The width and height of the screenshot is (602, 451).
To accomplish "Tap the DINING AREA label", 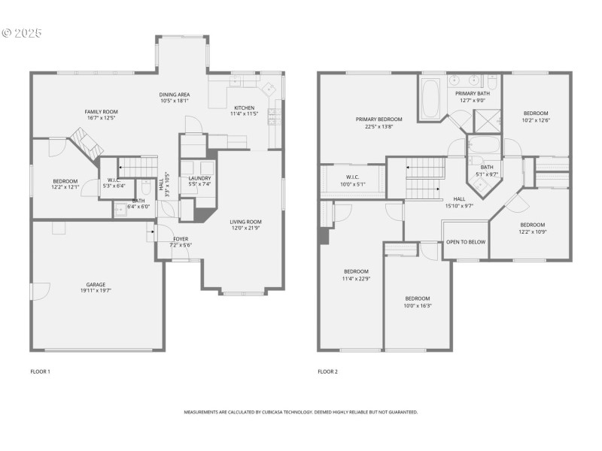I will coord(174,95).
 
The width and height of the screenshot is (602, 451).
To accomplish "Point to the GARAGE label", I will coord(96,285).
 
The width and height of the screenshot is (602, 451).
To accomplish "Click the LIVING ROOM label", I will coord(245,222).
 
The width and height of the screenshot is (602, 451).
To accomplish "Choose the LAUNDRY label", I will coord(199,178).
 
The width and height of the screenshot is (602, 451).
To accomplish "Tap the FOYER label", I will coord(181,239).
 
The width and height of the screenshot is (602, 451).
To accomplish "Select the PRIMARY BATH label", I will coord(472,93).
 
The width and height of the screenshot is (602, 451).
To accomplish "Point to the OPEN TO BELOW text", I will coord(466,242).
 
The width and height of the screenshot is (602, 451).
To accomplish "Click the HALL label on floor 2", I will coord(459,198).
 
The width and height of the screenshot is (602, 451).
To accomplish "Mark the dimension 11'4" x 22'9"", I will coord(356,279).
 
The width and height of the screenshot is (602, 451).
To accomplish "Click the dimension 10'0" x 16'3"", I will coord(417,306).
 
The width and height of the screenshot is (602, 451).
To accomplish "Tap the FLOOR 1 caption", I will coord(40,371).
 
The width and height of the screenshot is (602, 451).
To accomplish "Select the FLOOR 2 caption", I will coord(327,371).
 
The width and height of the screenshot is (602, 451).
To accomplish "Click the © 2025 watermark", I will coord(22,34).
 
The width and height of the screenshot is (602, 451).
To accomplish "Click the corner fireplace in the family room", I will coord(85,141).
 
